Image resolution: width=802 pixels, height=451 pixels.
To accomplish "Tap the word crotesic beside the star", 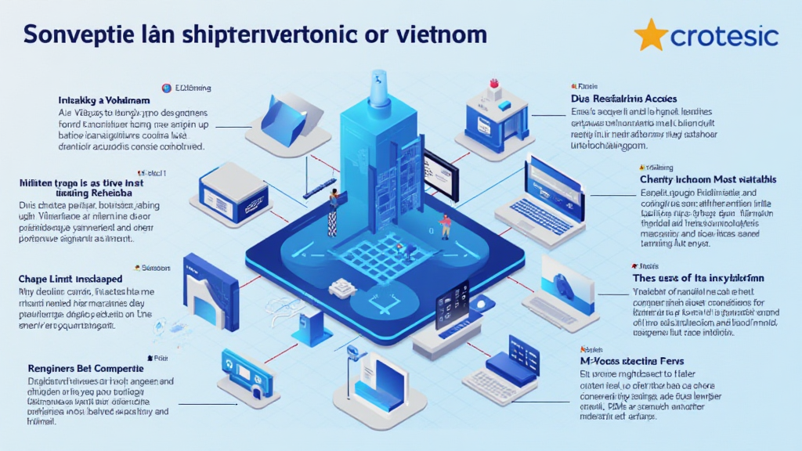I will coord(724,36).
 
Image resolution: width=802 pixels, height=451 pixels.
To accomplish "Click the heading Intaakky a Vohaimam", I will coord(104,101).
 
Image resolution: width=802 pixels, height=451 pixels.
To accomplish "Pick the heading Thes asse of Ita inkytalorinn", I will coord(698,277).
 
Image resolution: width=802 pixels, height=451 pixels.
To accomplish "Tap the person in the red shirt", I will coord(446,225).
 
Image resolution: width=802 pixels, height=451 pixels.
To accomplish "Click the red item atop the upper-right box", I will coord(493,83).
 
